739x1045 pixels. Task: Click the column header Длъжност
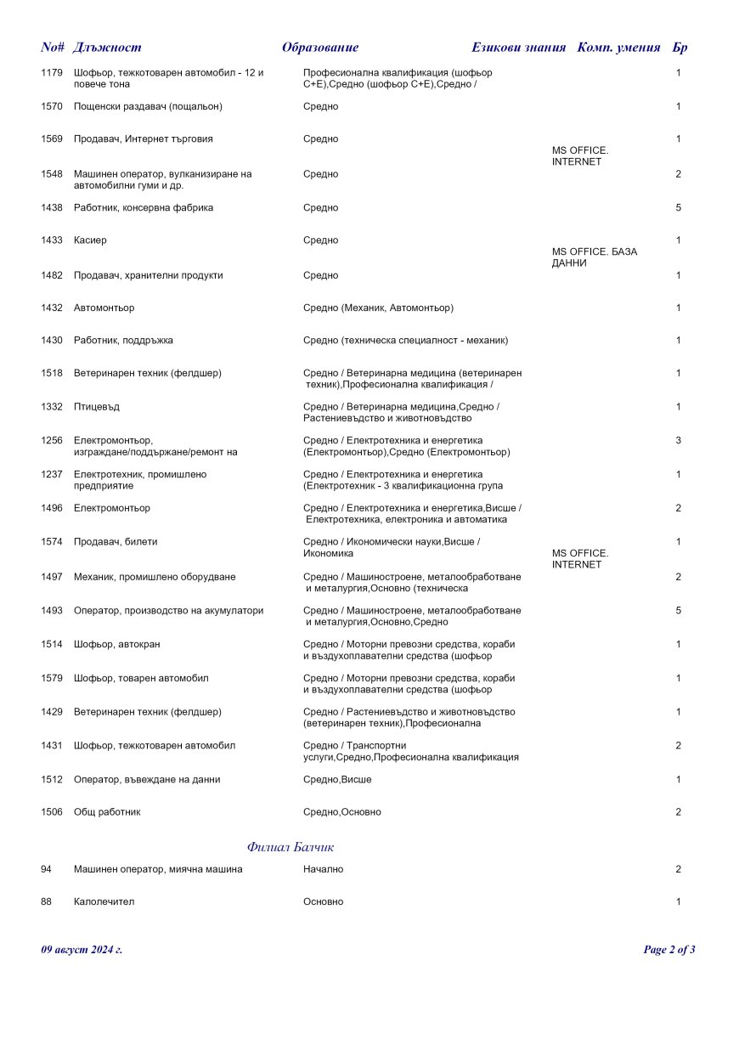point(107,48)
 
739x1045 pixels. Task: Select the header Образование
point(320,48)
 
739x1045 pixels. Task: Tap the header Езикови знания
point(518,48)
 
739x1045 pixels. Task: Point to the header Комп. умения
point(618,48)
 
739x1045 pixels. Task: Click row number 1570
point(52,107)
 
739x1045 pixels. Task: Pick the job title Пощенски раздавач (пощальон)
point(148,107)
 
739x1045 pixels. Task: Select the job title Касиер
point(90,240)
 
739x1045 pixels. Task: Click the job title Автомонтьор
point(104,308)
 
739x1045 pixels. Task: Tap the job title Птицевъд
point(97,407)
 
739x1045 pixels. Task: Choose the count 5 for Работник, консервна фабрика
point(678,208)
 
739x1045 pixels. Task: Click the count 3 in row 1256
point(678,441)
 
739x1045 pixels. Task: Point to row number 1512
point(52,780)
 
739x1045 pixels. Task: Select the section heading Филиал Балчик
point(291,847)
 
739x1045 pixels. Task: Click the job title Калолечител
point(104,902)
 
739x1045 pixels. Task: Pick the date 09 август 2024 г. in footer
point(82,950)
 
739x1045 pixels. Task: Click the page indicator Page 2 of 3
point(669,950)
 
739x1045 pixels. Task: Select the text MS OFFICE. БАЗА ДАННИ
point(595,257)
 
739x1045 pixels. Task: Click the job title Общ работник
point(107,812)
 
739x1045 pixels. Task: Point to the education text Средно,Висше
point(337,780)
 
